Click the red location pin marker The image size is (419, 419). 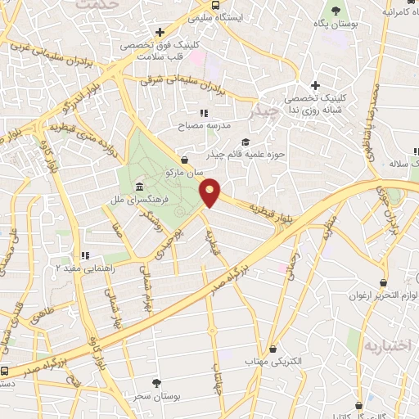point(210,193)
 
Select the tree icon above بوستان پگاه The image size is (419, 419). point(336,11)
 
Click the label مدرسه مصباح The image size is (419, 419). point(205,127)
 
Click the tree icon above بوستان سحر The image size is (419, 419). point(155,383)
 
